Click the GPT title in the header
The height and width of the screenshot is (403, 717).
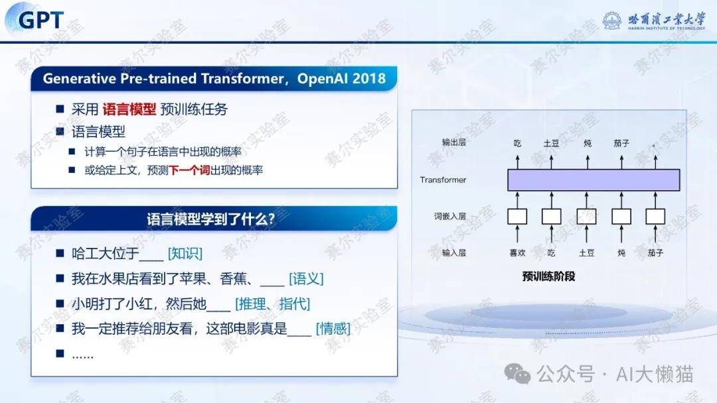point(40,20)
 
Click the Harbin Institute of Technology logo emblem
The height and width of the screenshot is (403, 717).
point(612,21)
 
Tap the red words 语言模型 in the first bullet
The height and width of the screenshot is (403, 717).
point(129,109)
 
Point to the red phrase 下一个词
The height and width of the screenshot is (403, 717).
point(189,170)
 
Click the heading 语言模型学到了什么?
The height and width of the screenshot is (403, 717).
point(211,219)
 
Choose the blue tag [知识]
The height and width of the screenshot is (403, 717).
point(185,253)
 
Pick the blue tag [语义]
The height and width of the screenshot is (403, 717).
point(306,278)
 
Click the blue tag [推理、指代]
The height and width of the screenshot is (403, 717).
point(273,304)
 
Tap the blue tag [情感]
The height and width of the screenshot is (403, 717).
point(333,328)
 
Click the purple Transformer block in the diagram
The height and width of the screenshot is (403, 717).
point(594,180)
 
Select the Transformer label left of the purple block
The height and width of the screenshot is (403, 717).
point(443,180)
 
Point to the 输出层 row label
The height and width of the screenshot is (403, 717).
point(453,143)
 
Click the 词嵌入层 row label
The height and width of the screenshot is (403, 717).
point(450,216)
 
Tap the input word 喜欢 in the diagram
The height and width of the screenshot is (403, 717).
point(517,253)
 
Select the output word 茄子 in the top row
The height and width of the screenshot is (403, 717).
point(621,143)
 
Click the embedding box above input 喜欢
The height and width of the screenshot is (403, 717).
point(517,216)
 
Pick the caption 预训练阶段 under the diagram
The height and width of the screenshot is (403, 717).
point(548,276)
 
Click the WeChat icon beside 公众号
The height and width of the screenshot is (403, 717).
point(517,374)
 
